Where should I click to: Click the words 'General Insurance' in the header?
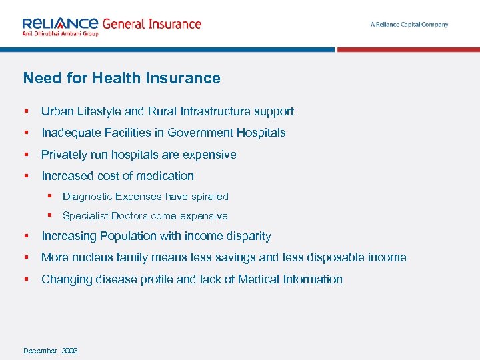pyautogui.click(x=151, y=23)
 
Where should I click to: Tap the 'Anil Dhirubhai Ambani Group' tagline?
pyautogui.click(x=60, y=33)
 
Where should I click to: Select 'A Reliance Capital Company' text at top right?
pyautogui.click(x=409, y=25)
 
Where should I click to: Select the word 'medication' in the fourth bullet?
pyautogui.click(x=166, y=176)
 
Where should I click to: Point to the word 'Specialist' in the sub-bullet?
pyautogui.click(x=85, y=216)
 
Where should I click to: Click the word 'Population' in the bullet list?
pyautogui.click(x=127, y=236)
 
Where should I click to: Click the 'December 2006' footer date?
pyautogui.click(x=50, y=351)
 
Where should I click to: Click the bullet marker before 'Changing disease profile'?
pyautogui.click(x=26, y=279)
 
